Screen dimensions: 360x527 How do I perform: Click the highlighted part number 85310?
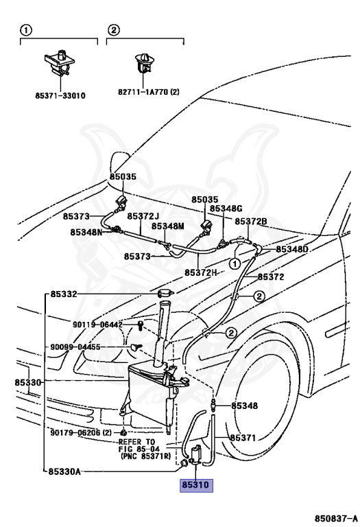tap(196, 485)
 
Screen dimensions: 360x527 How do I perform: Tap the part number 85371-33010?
tap(60, 96)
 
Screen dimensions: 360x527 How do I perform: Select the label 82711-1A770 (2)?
tap(148, 91)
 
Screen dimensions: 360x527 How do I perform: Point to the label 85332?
tap(64, 294)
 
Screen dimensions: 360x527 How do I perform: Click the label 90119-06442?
tap(97, 325)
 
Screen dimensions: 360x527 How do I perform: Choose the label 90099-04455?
tap(75, 347)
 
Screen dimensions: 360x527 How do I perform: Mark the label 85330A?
tap(64, 472)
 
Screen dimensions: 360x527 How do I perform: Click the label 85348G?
tap(226, 209)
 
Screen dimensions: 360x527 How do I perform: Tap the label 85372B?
tap(251, 221)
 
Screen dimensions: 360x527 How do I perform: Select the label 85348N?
tap(86, 232)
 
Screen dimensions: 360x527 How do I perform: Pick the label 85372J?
tap(143, 216)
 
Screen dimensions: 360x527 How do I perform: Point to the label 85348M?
tap(167, 226)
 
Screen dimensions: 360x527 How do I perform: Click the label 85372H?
tap(201, 272)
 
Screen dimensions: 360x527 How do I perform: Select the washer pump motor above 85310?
tap(195, 455)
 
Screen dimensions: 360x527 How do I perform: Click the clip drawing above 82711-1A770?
tap(145, 63)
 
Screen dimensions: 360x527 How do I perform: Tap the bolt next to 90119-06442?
tap(140, 325)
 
